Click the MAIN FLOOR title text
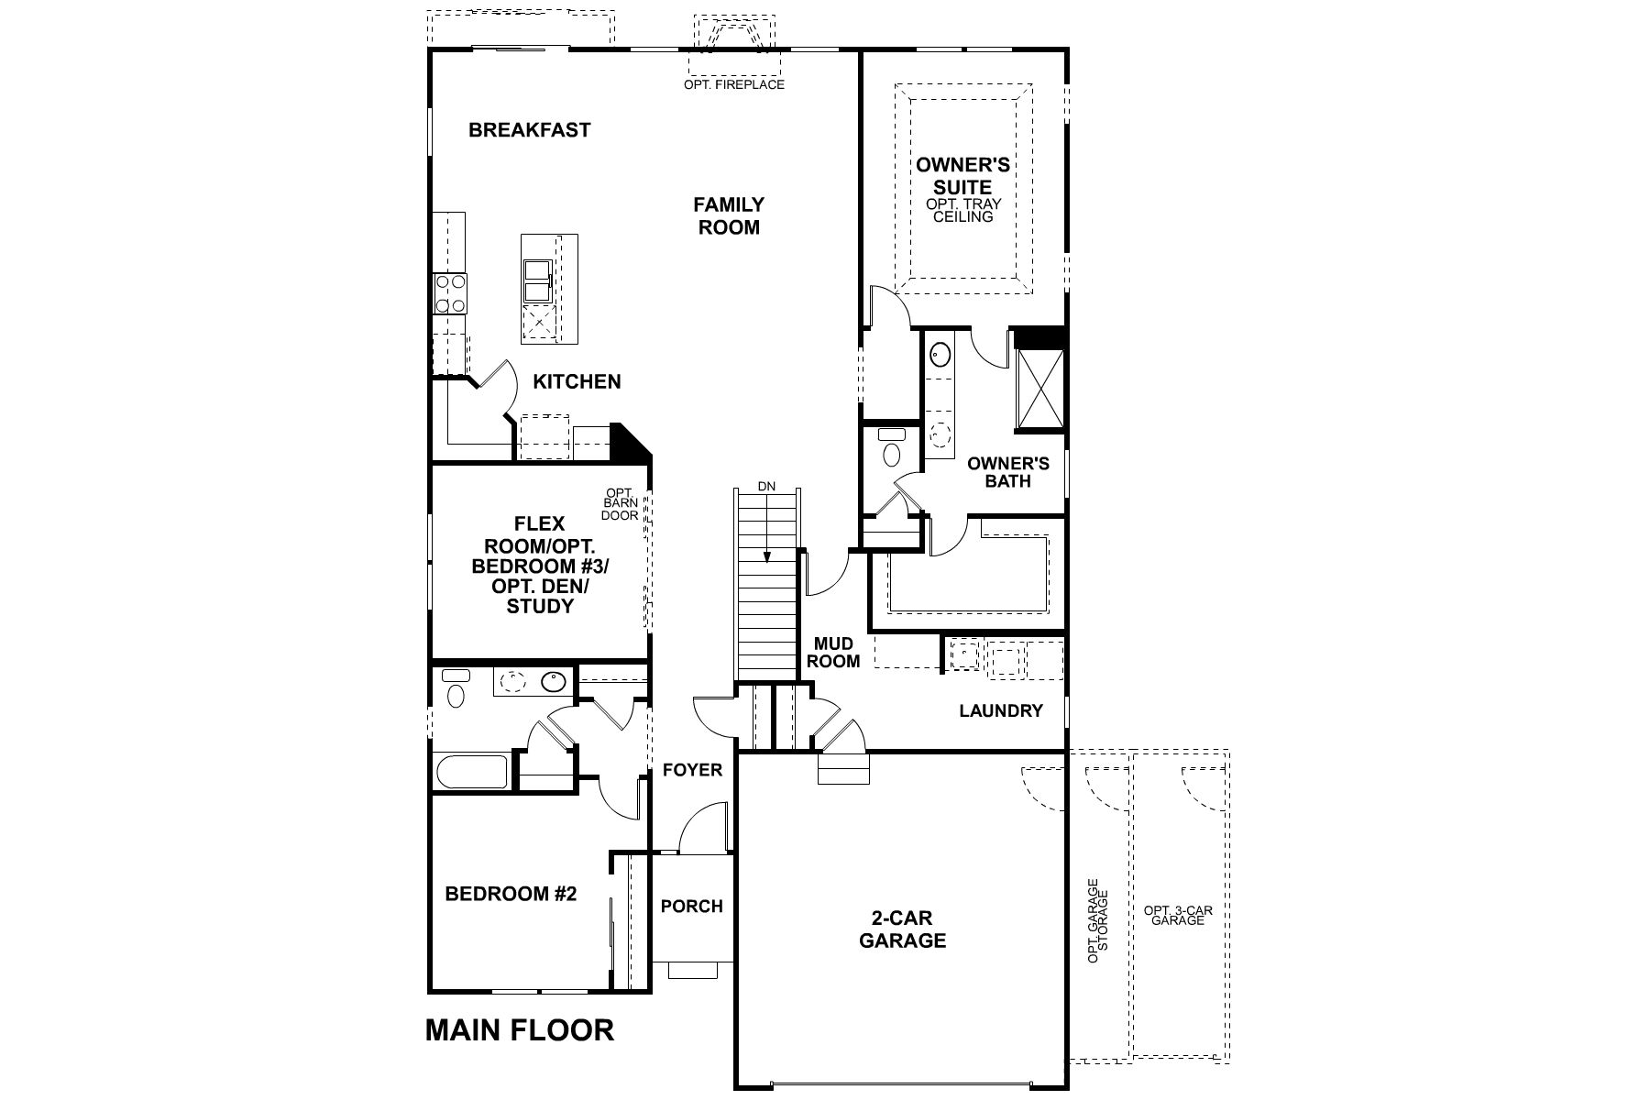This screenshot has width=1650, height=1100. pyautogui.click(x=519, y=1029)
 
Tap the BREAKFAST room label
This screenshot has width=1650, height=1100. pyautogui.click(x=529, y=130)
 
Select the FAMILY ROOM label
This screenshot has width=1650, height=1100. pyautogui.click(x=729, y=215)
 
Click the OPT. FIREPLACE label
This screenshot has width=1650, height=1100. pyautogui.click(x=733, y=84)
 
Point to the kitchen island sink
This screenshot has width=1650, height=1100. pyautogui.click(x=536, y=280)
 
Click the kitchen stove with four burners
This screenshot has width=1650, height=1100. pyautogui.click(x=449, y=294)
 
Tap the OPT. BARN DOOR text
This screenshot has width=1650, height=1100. pyautogui.click(x=620, y=504)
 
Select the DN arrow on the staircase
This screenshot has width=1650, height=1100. pyautogui.click(x=766, y=532)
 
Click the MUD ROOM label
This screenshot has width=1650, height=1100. pyautogui.click(x=833, y=653)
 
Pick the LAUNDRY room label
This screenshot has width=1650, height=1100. pyautogui.click(x=1000, y=710)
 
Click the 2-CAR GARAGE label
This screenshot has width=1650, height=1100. pyautogui.click(x=902, y=929)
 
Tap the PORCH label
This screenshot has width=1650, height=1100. pyautogui.click(x=691, y=906)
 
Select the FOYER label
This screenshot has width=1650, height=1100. pyautogui.click(x=692, y=770)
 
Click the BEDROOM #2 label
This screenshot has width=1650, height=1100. pyautogui.click(x=511, y=894)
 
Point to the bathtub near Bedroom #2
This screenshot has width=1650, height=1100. pyautogui.click(x=472, y=772)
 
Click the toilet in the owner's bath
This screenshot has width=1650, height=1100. pyautogui.click(x=891, y=449)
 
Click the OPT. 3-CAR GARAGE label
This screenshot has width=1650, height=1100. pyautogui.click(x=1178, y=915)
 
